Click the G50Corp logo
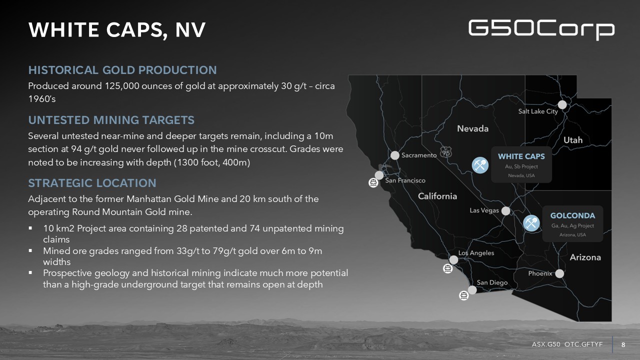point(541,29)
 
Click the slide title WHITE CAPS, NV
point(117,30)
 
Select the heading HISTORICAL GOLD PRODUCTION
point(122,70)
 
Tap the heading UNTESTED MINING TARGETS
point(111,120)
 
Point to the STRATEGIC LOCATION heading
point(92,183)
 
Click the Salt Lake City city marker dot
point(562,105)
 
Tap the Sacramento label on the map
point(419,155)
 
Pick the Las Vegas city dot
point(505,211)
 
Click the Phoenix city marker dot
point(559,273)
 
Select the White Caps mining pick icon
point(480,165)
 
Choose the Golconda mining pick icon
point(531,223)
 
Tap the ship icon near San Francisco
point(373,182)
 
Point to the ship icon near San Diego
point(463,295)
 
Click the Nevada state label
point(473,128)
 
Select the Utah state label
point(573,140)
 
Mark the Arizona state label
point(585,257)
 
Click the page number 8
point(623,345)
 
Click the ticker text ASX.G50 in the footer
point(546,344)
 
